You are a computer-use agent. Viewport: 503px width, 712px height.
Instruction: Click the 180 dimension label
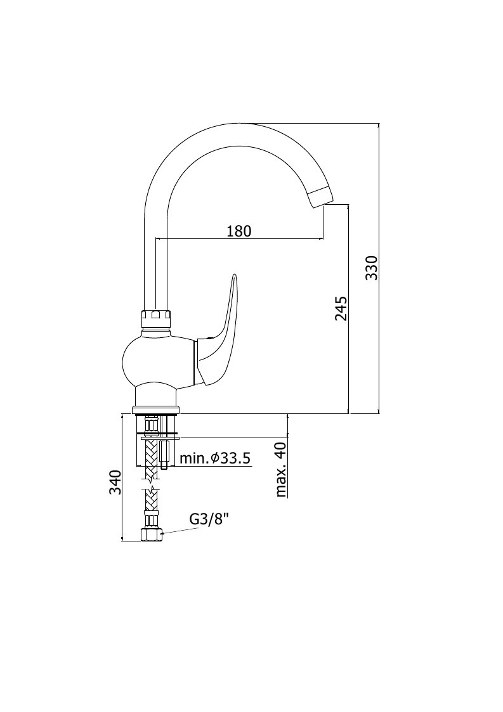(x=239, y=231)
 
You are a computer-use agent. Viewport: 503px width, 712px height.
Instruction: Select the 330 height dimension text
(x=372, y=268)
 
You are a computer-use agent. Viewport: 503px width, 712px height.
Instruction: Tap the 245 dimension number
(x=341, y=308)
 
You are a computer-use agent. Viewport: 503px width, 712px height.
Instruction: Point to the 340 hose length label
(x=115, y=482)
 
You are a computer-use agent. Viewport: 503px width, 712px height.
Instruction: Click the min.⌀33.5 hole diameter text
(x=215, y=458)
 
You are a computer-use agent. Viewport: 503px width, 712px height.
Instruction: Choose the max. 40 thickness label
(x=281, y=469)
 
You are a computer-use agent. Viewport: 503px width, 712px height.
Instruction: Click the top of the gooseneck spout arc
(x=238, y=123)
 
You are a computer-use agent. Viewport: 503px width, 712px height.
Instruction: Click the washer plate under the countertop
(x=161, y=438)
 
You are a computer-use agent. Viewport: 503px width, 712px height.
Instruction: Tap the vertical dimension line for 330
(x=379, y=268)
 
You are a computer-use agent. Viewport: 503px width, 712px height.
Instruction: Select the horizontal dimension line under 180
(x=240, y=238)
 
